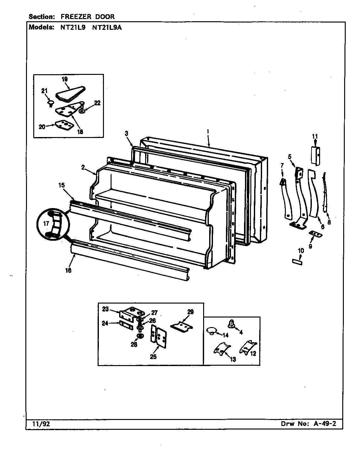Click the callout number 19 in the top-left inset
pos(65,79)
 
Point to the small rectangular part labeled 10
pos(297,262)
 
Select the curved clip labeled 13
pos(221,350)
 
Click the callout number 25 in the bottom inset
pos(153,357)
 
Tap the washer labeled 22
pos(82,112)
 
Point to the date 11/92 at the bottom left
pos(39,424)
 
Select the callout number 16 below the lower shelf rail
pos(68,270)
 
